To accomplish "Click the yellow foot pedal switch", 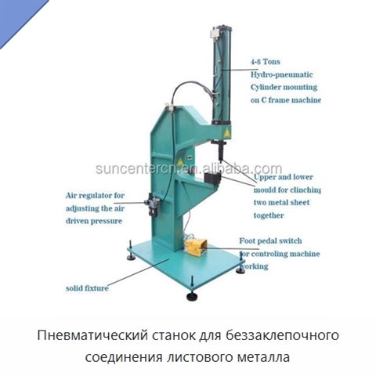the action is coord(196,248).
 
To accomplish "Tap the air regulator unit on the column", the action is coord(153,204).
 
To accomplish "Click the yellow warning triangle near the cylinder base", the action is coord(226,133).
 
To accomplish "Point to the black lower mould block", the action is coord(212,179).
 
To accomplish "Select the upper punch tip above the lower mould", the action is coord(221,159).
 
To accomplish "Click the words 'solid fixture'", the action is coord(87,288).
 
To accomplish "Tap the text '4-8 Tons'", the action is coord(266,62).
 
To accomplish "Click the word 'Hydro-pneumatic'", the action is coord(282,74).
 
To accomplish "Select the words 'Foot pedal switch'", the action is coord(270,240).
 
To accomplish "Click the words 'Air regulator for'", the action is coord(95,196).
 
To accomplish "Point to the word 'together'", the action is coord(269,215).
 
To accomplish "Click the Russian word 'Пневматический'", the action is coord(92,335).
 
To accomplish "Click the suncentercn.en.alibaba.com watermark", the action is coord(189,168).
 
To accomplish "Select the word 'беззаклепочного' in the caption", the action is coord(283,335).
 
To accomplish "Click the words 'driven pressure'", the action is coord(94,221).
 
